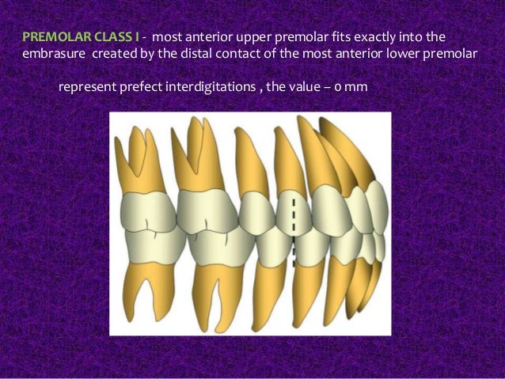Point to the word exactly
pyautogui.click(x=355, y=37)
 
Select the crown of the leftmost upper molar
pyautogui.click(x=147, y=206)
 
